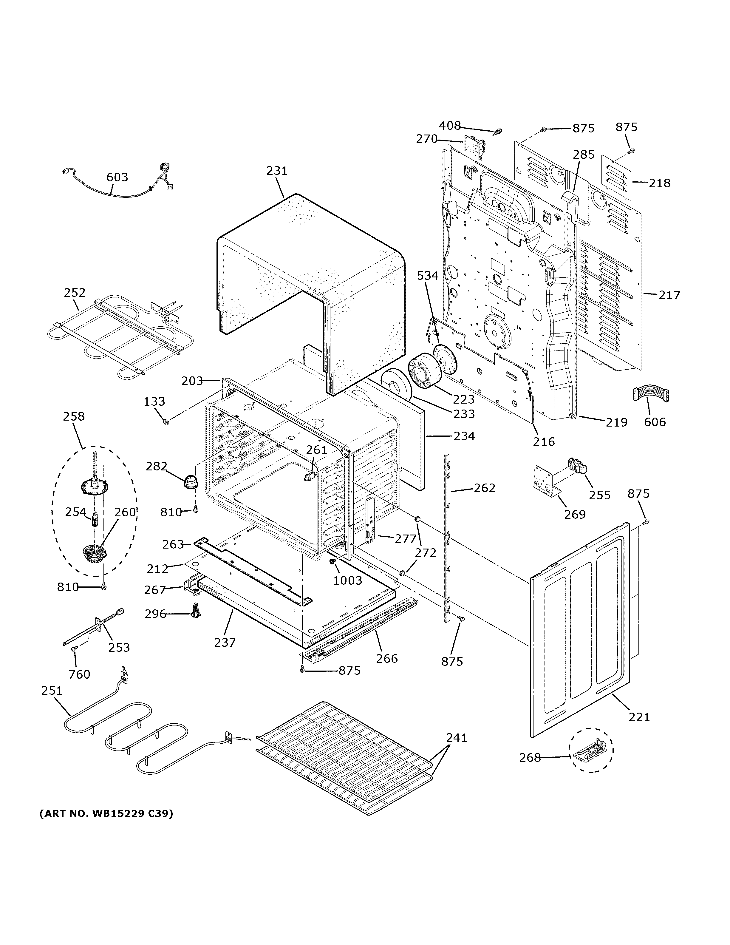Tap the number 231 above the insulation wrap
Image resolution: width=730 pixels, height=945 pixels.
click(x=277, y=171)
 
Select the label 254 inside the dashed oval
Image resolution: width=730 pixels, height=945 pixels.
click(x=76, y=512)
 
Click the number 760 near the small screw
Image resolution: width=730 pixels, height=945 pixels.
click(x=80, y=674)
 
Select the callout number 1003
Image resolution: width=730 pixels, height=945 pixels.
click(x=347, y=580)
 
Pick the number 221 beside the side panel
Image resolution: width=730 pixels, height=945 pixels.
click(x=639, y=717)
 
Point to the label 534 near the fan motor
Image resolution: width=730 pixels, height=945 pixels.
click(x=427, y=276)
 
